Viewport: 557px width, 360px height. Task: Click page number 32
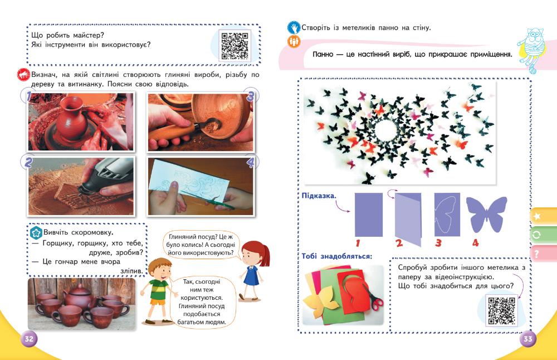pyautogui.click(x=28, y=339)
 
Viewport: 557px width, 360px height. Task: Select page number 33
pyautogui.click(x=528, y=339)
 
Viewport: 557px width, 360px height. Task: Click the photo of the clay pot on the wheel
pyautogui.click(x=81, y=121)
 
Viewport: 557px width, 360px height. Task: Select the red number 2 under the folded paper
pyautogui.click(x=399, y=244)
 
